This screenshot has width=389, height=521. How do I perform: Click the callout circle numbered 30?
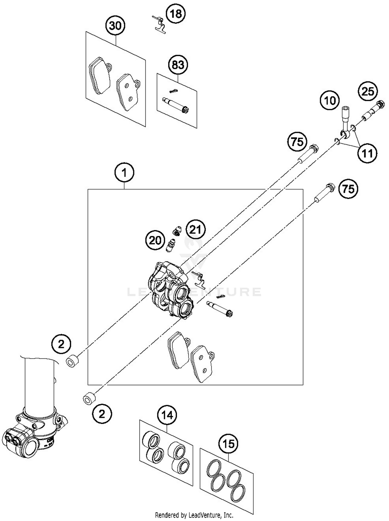pyautogui.click(x=115, y=26)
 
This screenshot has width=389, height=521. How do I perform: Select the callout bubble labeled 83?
pyautogui.click(x=178, y=65)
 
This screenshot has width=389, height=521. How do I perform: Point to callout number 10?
pyautogui.click(x=330, y=100)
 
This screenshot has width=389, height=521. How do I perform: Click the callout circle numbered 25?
pyautogui.click(x=368, y=91)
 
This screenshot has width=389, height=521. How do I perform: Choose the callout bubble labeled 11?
pyautogui.click(x=367, y=153)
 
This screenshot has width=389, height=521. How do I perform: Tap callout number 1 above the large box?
pyautogui.click(x=124, y=173)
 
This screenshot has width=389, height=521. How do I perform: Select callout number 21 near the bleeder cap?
pyautogui.click(x=195, y=229)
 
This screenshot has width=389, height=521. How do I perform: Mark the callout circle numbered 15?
pyautogui.click(x=228, y=444)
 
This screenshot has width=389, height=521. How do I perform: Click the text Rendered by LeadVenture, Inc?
pyautogui.click(x=194, y=515)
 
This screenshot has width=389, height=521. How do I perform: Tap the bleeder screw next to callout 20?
pyautogui.click(x=170, y=246)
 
